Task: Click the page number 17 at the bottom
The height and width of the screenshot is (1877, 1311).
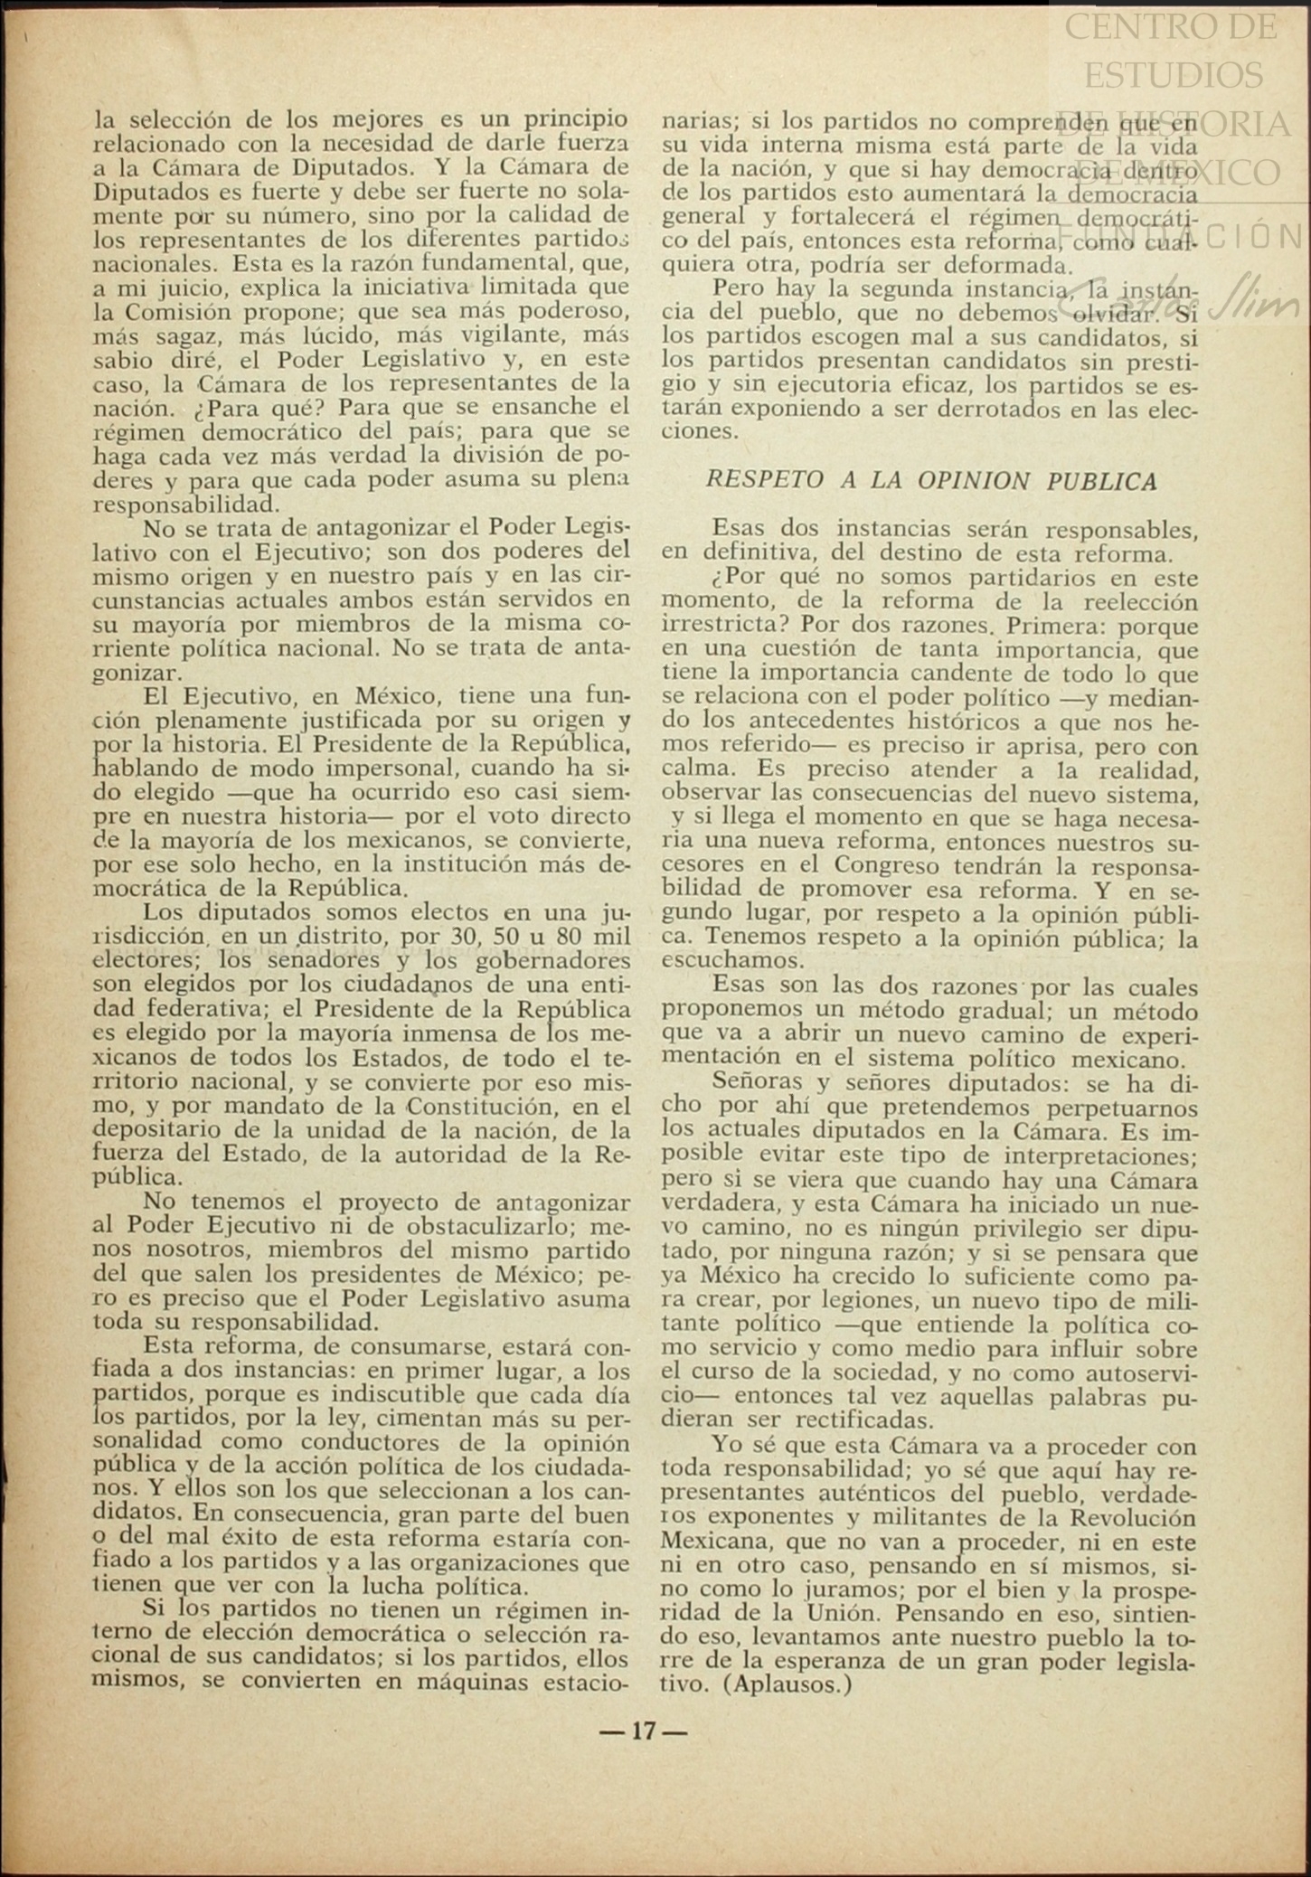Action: (x=643, y=1731)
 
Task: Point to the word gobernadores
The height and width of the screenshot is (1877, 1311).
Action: (x=554, y=960)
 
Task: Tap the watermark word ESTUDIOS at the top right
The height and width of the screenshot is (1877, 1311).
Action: (x=1174, y=74)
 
